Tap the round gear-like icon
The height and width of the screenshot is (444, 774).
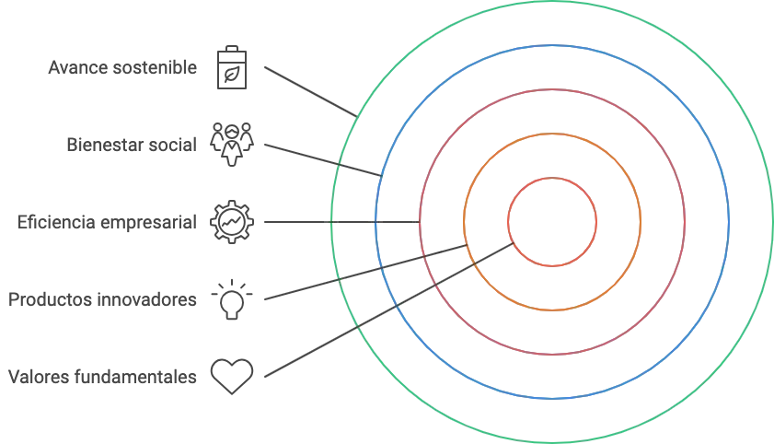coord(226,222)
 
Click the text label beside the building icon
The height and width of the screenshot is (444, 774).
coord(121,68)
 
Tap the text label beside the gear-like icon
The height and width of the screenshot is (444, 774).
coord(106,222)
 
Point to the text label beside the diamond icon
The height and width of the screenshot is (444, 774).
coord(101,376)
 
